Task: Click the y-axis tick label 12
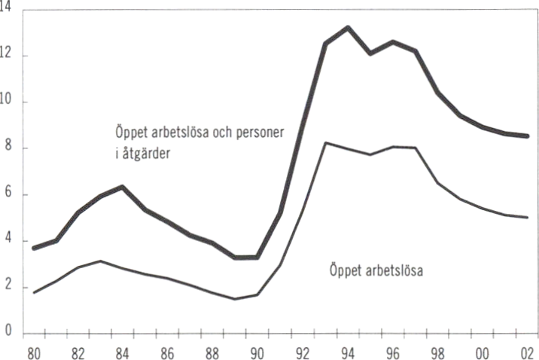(x=7, y=56)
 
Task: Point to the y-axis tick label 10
(x=7, y=102)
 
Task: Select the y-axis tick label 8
(x=7, y=148)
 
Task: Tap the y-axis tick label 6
(x=7, y=195)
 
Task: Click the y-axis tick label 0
(x=7, y=333)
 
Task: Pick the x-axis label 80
(x=33, y=351)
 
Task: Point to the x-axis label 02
(x=528, y=351)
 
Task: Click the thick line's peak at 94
(x=348, y=28)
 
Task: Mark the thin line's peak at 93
(x=325, y=142)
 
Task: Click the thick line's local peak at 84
(x=123, y=187)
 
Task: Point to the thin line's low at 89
(x=236, y=299)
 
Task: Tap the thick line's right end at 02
(x=528, y=136)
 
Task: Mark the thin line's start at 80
(x=33, y=292)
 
